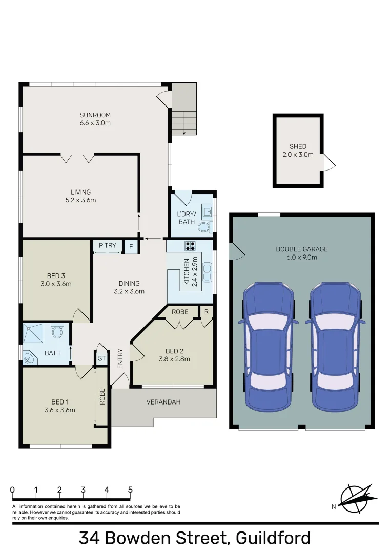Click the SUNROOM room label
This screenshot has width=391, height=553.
coord(95,115)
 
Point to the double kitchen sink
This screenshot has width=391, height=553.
coord(208,272)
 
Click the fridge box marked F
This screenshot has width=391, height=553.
coord(131,246)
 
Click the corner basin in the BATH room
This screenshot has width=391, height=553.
coord(28,358)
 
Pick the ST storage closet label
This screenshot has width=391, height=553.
coord(101,358)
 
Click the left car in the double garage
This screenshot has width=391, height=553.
coord(268,346)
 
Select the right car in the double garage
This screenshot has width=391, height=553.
coord(335,346)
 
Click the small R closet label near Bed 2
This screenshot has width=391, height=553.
coord(207,311)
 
